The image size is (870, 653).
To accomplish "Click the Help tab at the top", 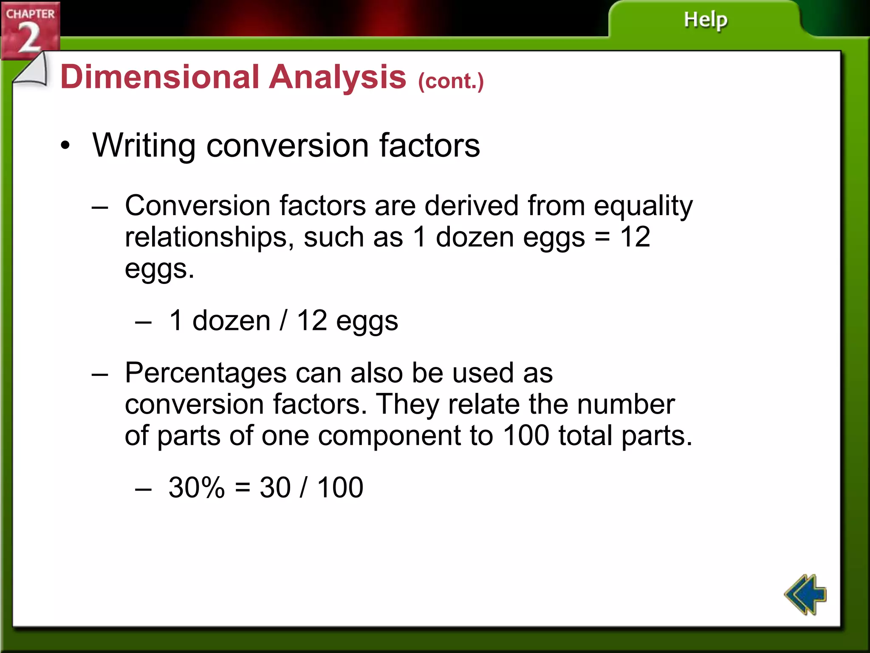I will pos(705,20).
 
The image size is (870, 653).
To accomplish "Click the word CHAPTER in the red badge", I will pos(30,14).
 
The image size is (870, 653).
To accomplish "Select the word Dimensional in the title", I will pos(160,77).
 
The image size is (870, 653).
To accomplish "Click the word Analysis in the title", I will pos(338,77).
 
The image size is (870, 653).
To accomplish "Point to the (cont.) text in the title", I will pos(451,81).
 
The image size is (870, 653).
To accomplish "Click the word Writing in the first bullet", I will pos(144,145).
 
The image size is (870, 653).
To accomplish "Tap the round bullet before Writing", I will pos(65,146).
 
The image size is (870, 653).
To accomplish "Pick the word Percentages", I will pos(206,373).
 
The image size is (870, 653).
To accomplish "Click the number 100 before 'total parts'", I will pos(526,436).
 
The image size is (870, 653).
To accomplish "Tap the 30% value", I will pos(196,487).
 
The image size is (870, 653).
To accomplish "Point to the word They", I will pos(407,405).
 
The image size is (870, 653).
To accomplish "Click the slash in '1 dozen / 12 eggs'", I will pos(283,321).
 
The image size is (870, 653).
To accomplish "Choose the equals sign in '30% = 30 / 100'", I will pos(242,487).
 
